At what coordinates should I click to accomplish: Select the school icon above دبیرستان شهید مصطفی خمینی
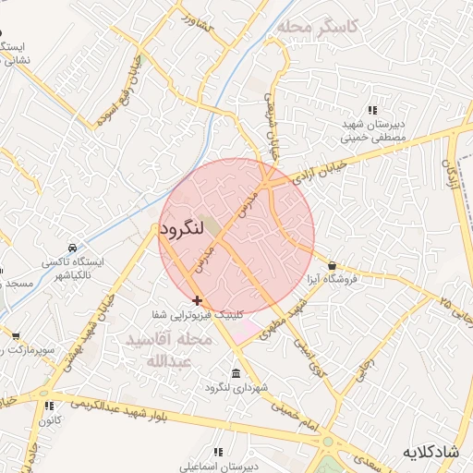click(x=373, y=110)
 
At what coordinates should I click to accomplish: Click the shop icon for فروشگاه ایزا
click(x=332, y=266)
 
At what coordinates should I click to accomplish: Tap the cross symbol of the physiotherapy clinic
click(x=197, y=300)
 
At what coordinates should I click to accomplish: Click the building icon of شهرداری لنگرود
click(x=236, y=374)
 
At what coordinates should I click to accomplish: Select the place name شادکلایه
click(x=431, y=452)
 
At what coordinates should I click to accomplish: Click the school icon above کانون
click(x=49, y=406)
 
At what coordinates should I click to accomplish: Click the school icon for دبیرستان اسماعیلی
click(x=218, y=453)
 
